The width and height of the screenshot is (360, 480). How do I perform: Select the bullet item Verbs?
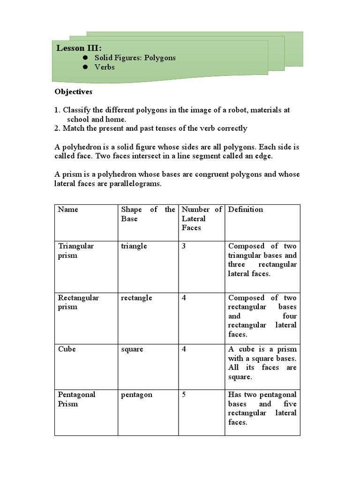[x=105, y=67]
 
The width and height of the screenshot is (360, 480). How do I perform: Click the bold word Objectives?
[x=74, y=92]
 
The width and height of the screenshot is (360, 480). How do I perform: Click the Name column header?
[x=68, y=210]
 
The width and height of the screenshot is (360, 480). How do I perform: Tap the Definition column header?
[x=245, y=210]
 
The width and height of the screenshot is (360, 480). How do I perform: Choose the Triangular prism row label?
[x=76, y=251]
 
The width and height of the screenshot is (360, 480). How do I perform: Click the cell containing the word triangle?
[x=134, y=246]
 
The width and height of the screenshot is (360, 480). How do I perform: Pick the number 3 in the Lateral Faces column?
[x=184, y=246]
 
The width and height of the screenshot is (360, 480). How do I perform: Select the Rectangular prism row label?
[x=78, y=302]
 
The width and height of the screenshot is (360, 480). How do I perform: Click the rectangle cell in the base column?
[x=136, y=298]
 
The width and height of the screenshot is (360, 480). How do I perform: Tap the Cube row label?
[x=67, y=349]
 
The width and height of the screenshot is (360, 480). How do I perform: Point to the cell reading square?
[x=132, y=349]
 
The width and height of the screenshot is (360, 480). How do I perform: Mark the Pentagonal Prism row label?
[x=76, y=399]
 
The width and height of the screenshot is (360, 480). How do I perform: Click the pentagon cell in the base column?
[x=136, y=395]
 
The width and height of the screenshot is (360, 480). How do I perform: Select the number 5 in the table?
[x=184, y=395]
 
